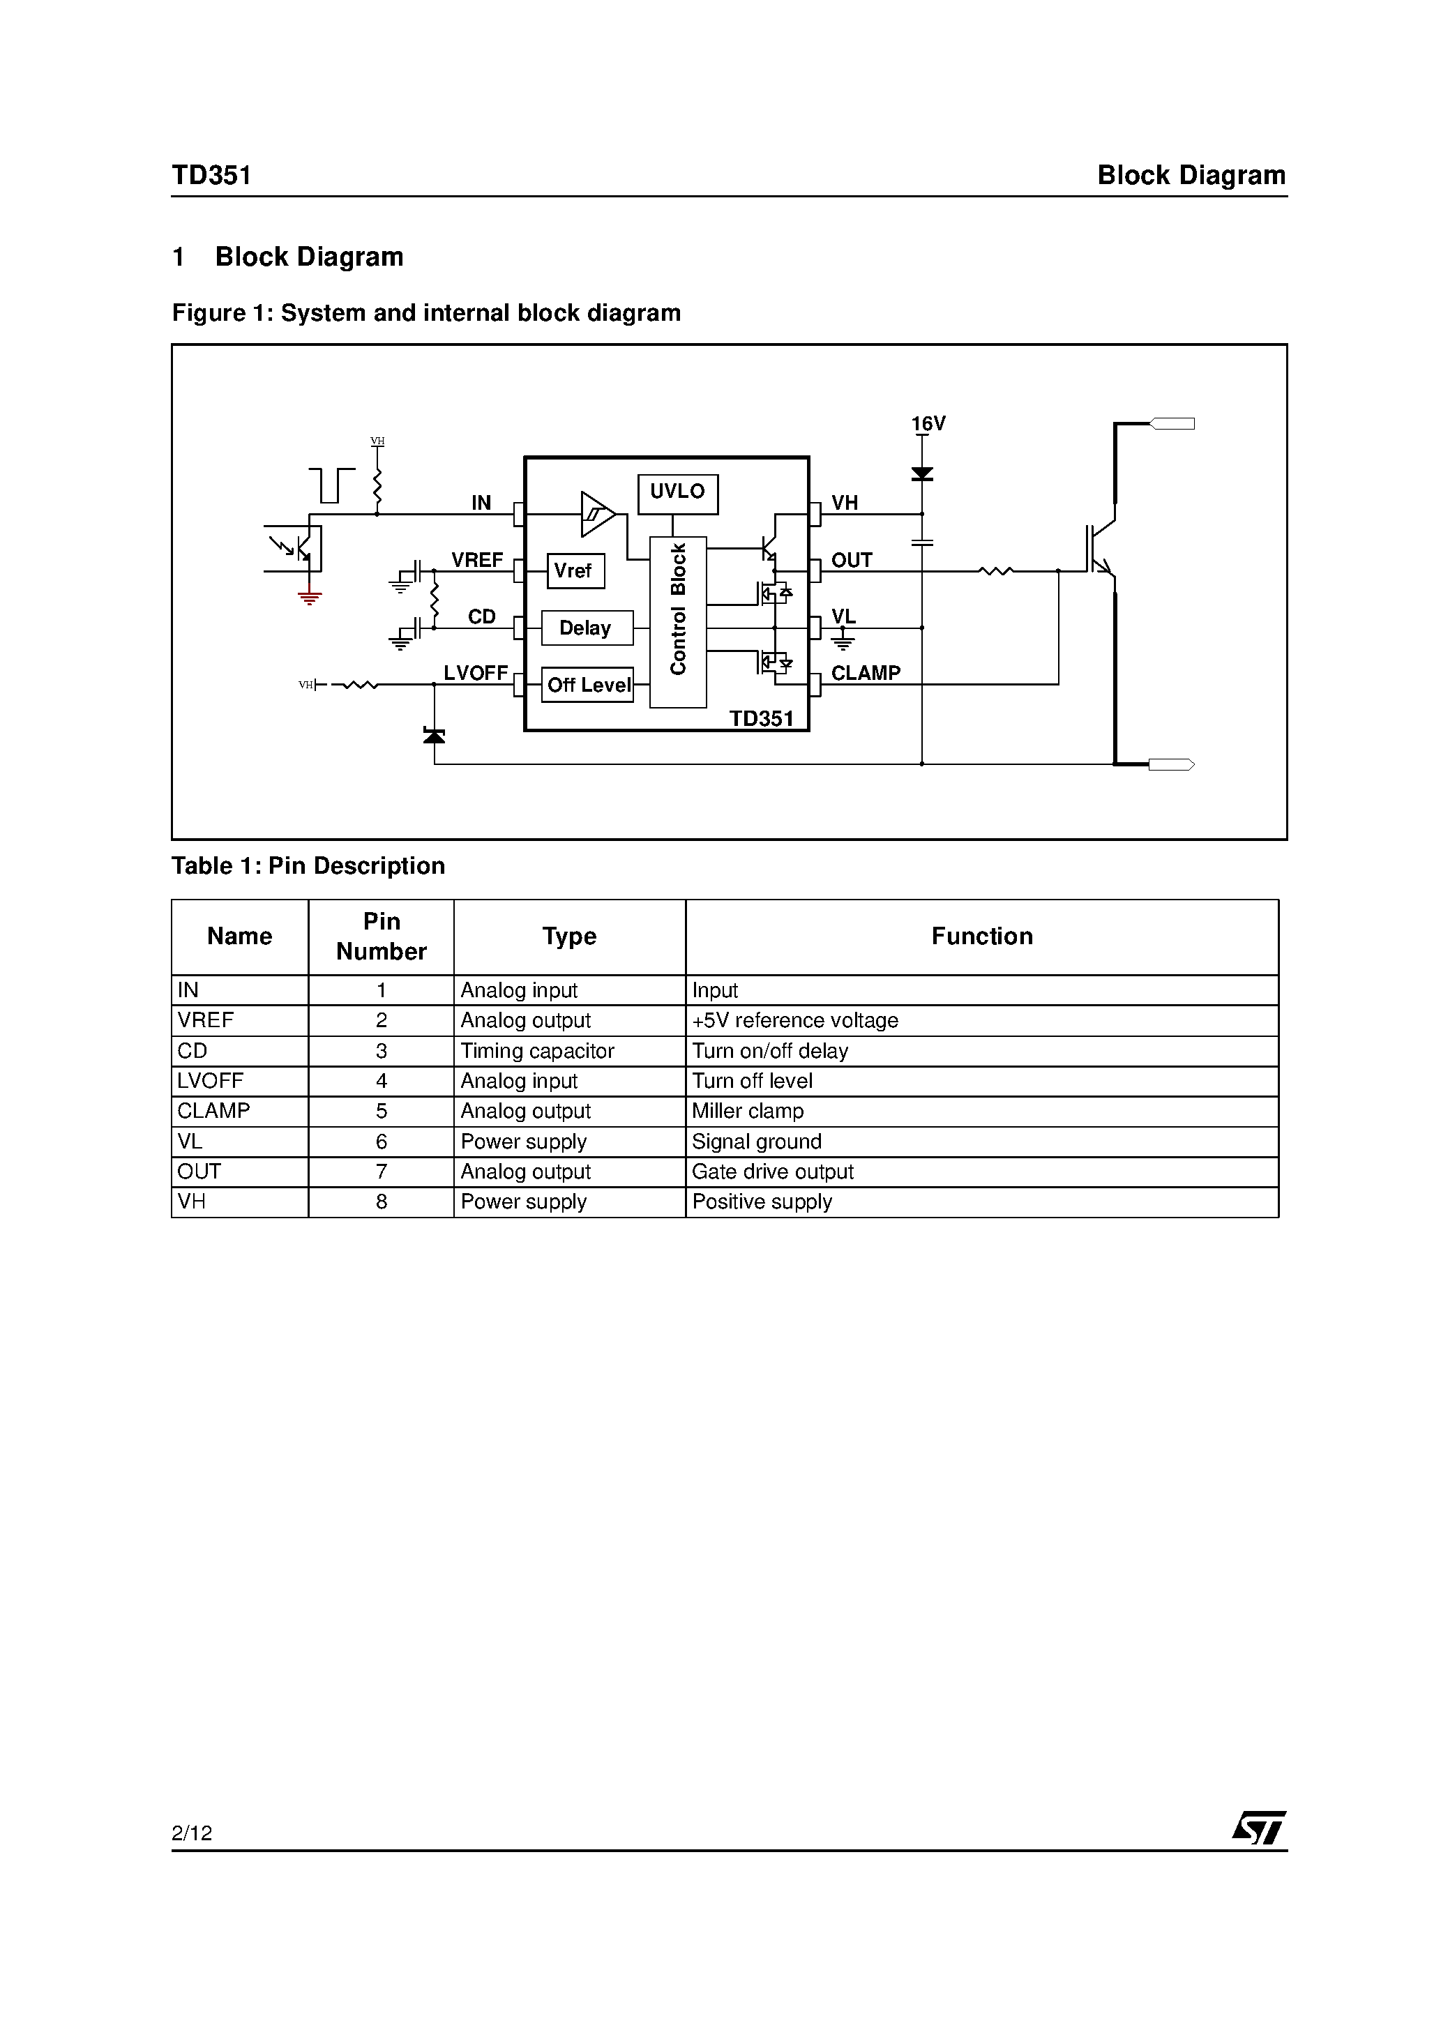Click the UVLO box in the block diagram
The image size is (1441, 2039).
677,493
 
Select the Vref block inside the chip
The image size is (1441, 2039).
575,571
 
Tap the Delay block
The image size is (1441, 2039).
587,628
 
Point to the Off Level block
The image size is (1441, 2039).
587,685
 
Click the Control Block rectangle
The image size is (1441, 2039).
678,621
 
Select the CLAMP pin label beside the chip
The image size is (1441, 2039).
866,673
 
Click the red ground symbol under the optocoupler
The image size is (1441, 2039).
309,598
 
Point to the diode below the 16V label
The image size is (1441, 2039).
922,474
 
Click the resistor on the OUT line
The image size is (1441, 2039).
995,571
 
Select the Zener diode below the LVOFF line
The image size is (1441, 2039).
434,735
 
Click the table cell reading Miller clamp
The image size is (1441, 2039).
747,1111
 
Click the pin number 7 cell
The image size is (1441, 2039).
381,1172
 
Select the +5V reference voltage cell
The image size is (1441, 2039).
794,1020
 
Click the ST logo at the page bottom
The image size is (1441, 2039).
1258,1828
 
